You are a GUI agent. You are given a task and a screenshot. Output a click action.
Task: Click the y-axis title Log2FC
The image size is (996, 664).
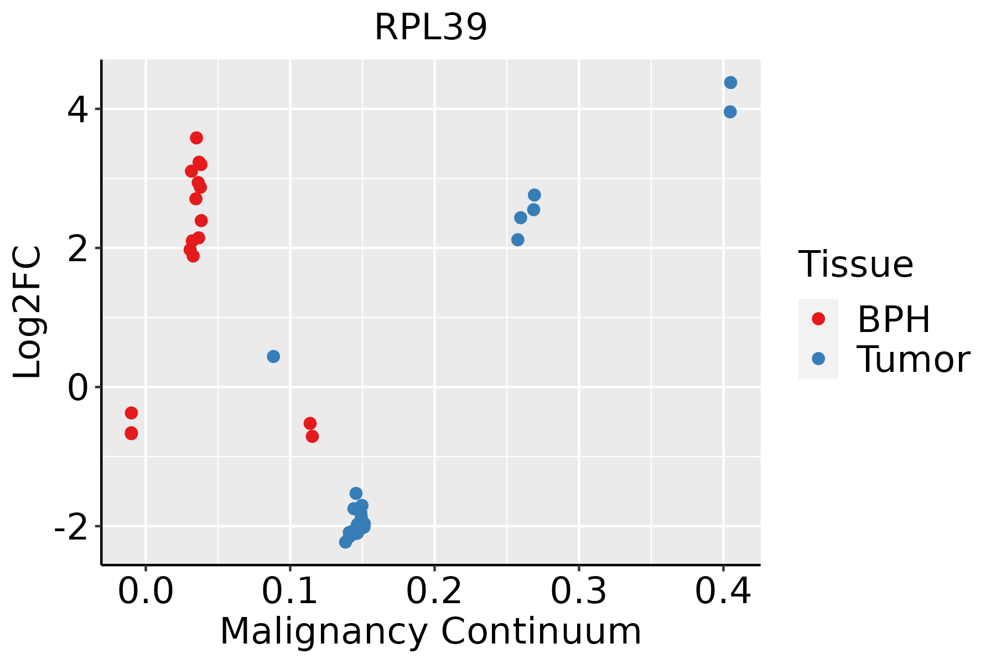click(x=28, y=313)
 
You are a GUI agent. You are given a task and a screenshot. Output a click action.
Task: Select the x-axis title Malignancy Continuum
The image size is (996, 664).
click(x=430, y=632)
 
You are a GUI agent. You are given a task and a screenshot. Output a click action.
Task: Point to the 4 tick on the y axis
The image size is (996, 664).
click(x=77, y=111)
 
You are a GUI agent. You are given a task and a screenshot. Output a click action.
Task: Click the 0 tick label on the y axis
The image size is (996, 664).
click(x=77, y=389)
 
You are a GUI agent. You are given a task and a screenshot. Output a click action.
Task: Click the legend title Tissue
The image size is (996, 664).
click(x=856, y=264)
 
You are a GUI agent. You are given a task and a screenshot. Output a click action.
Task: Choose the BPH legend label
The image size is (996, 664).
click(x=894, y=319)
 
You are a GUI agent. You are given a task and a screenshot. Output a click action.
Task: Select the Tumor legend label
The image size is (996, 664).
click(x=913, y=360)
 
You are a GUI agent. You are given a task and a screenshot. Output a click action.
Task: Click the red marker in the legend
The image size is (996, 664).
click(x=818, y=319)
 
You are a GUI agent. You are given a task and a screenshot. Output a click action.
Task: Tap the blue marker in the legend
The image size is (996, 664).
click(x=818, y=359)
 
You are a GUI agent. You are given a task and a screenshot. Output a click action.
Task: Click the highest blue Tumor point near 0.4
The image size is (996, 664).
click(x=730, y=83)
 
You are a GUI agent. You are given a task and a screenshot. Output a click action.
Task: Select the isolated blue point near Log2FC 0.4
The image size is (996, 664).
click(x=273, y=356)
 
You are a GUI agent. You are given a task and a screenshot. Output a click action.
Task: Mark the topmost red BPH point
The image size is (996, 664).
click(x=196, y=138)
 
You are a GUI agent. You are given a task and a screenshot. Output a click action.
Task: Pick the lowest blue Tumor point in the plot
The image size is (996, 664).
click(x=345, y=542)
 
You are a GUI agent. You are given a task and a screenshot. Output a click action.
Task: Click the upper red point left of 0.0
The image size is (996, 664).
click(x=131, y=413)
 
